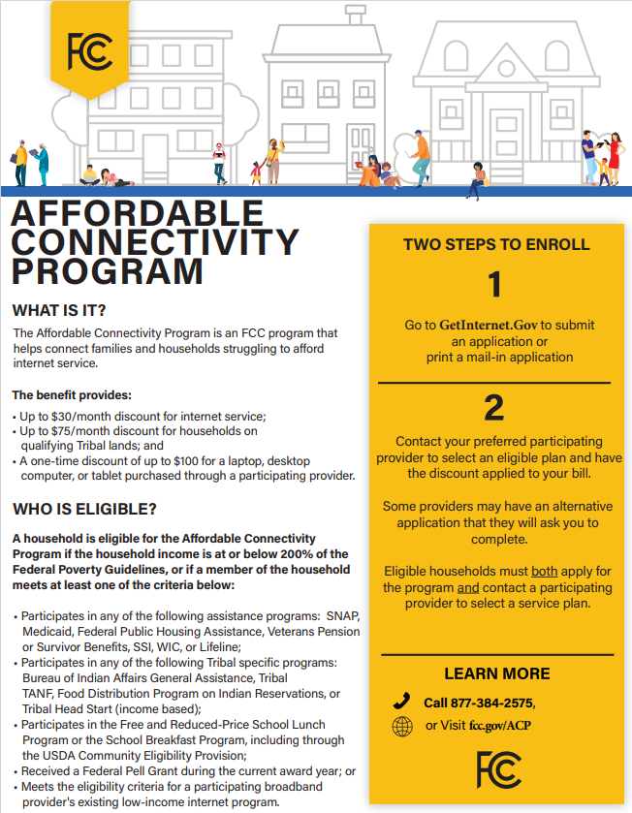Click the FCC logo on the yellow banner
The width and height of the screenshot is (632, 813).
tap(88, 47)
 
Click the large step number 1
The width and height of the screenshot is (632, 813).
tap(495, 285)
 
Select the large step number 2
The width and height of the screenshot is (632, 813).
tap(494, 408)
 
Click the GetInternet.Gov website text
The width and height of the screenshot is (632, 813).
tap(489, 325)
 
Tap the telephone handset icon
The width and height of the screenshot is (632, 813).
tap(401, 702)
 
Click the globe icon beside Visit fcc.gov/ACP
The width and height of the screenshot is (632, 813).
tap(401, 726)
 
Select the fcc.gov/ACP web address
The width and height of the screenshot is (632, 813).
tap(500, 726)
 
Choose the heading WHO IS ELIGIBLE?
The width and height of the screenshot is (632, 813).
tap(84, 509)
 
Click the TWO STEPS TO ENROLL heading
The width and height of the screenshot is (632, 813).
tap(496, 244)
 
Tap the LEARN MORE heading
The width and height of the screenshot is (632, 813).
tap(496, 673)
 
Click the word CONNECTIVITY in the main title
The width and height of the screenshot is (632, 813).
tap(155, 241)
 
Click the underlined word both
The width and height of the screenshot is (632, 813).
tap(544, 572)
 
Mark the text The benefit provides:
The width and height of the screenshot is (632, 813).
tap(71, 395)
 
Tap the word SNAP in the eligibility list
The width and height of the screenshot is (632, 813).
tap(342, 615)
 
